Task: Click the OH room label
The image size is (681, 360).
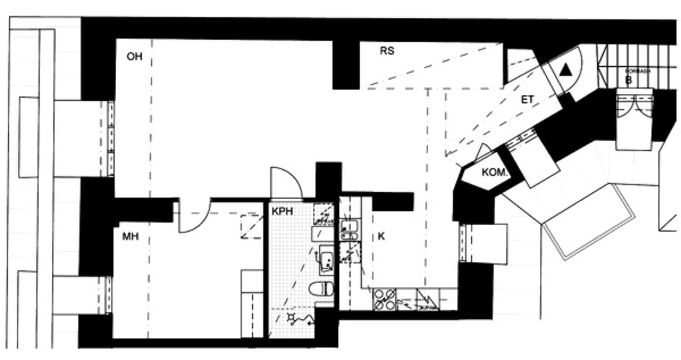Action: click(x=134, y=56)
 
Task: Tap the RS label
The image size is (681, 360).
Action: click(x=387, y=51)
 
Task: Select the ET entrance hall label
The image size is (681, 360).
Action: click(x=527, y=100)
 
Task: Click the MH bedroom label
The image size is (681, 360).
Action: click(x=130, y=237)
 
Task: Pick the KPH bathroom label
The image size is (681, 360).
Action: click(x=282, y=211)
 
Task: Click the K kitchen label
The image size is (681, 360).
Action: click(x=381, y=237)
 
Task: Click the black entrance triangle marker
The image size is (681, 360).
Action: click(x=566, y=70)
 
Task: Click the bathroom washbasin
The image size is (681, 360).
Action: click(x=326, y=260)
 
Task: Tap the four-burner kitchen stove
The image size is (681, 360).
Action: click(x=384, y=300)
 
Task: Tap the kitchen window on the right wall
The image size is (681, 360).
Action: click(x=463, y=243)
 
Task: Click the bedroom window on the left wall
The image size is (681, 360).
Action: click(x=109, y=294)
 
